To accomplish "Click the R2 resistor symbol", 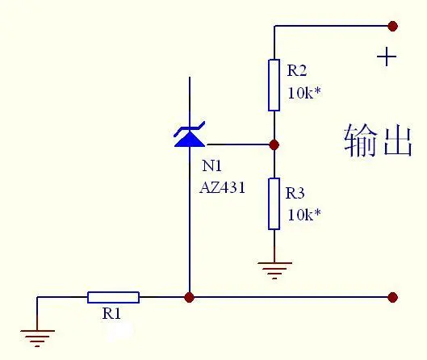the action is point(274,86).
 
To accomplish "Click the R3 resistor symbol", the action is point(274,204).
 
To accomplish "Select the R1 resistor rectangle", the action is point(113,297).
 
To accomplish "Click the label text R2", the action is point(297,70).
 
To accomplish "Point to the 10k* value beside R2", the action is point(304,93).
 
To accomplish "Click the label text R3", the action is point(295,193).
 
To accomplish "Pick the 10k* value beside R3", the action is point(304,215).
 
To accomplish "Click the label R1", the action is point(111,313).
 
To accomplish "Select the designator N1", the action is point(211,165).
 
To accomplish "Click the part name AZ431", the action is point(222,187).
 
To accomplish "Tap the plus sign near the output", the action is point(387,57).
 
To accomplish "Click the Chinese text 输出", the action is point(378,140).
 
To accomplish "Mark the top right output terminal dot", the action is point(392,26).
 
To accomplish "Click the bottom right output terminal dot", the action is point(392,297).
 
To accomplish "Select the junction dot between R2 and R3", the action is point(274,144).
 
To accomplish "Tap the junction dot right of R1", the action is point(189,297).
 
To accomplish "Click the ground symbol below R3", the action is point(274,270).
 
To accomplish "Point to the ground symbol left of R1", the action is point(37,338).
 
